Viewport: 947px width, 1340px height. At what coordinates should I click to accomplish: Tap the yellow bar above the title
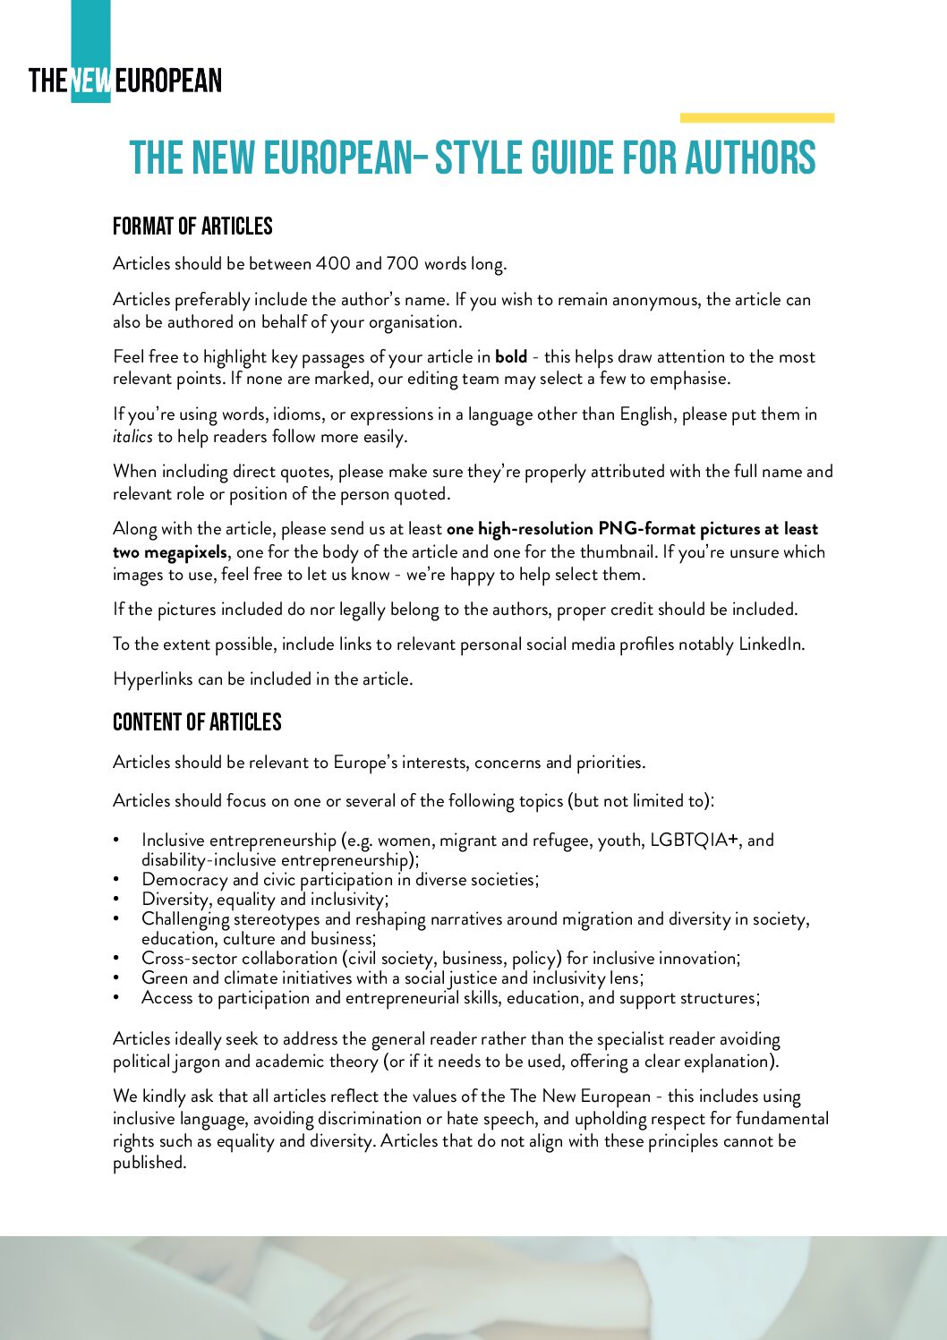point(756,117)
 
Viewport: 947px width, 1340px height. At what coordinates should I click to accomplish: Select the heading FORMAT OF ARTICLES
point(192,226)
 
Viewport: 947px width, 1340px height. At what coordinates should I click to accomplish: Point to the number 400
point(333,264)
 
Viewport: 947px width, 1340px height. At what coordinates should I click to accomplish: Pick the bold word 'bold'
point(511,357)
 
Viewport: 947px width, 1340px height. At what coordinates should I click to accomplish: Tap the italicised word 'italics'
point(132,437)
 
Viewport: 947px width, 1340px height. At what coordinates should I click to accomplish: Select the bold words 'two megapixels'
point(170,552)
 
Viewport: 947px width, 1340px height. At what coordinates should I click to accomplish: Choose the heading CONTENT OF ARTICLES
point(197,722)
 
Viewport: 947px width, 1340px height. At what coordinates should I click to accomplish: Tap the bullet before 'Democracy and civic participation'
point(116,880)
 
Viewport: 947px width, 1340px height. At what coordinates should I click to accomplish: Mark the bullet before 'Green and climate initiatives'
point(116,978)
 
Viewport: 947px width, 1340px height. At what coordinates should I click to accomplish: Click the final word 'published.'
point(149,1163)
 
